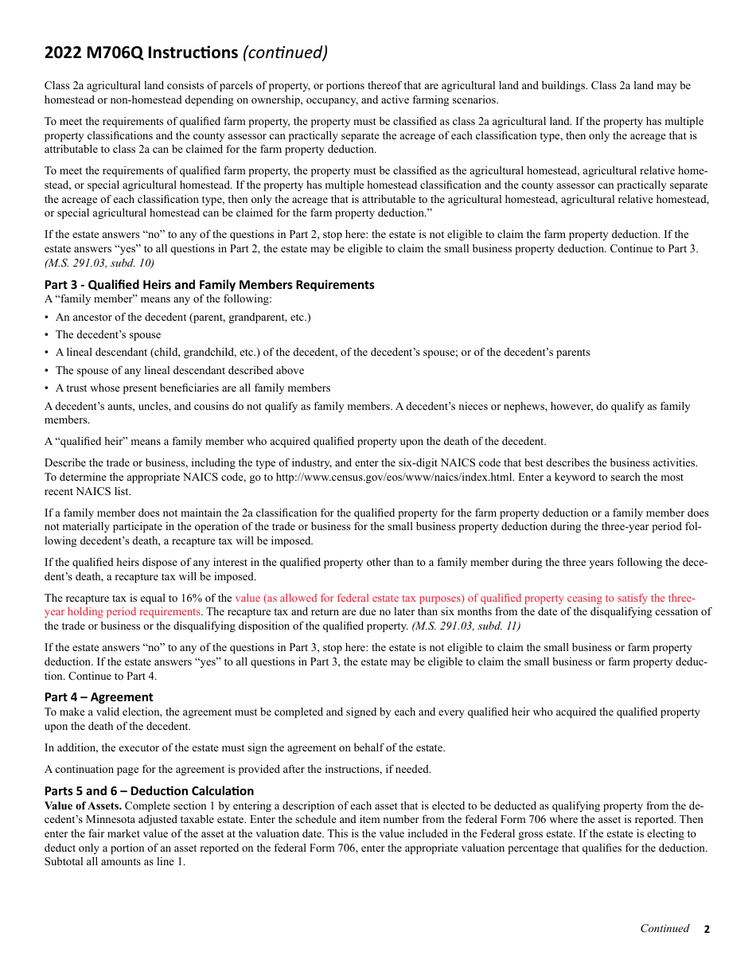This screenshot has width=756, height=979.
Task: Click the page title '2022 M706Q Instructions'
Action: pyautogui.click(x=141, y=53)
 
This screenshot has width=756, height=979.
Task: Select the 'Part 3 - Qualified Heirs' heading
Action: pyautogui.click(x=209, y=285)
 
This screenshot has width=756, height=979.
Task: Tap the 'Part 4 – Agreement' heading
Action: pyautogui.click(x=99, y=697)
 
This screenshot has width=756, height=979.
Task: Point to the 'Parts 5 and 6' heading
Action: pyautogui.click(x=149, y=791)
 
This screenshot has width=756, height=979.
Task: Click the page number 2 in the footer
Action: pyautogui.click(x=706, y=929)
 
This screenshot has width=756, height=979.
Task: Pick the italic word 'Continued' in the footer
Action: pyautogui.click(x=664, y=929)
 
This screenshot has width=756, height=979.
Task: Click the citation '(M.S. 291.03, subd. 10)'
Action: pyautogui.click(x=99, y=263)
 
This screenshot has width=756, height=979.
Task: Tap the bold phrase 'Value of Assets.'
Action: pyautogui.click(x=83, y=805)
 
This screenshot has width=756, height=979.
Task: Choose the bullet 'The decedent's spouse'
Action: pyautogui.click(x=108, y=335)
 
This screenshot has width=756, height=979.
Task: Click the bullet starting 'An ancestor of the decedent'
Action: pyautogui.click(x=183, y=318)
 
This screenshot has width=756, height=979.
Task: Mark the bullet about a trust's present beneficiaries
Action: pyautogui.click(x=193, y=388)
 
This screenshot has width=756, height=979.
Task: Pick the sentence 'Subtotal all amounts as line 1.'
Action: pyautogui.click(x=115, y=862)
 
